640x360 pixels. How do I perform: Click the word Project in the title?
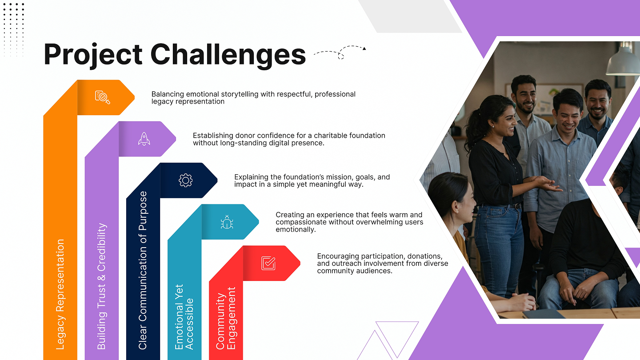tap(93, 55)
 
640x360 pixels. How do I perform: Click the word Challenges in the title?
tap(228, 54)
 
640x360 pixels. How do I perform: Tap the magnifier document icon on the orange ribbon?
tap(102, 97)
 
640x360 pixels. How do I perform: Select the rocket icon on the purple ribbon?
tap(144, 139)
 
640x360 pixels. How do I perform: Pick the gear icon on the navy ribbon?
tap(185, 180)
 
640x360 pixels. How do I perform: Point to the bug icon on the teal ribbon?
tap(227, 222)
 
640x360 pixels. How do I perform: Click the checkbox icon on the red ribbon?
tap(268, 263)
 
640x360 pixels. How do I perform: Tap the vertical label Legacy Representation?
tap(60, 294)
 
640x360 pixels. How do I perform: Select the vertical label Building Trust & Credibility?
tap(101, 286)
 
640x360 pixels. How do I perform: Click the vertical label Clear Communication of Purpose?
tap(143, 270)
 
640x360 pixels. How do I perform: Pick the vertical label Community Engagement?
tap(225, 318)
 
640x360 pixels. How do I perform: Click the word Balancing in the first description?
tap(168, 94)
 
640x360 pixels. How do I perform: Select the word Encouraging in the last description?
tap(337, 256)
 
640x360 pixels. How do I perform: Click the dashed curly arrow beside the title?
tap(340, 52)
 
